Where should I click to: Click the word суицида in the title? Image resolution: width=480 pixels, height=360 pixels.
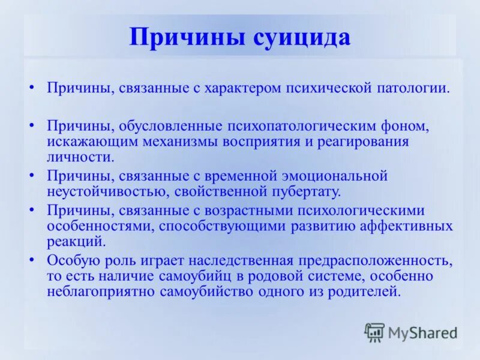coord(301,37)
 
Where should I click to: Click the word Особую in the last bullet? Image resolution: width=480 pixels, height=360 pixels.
coord(70,260)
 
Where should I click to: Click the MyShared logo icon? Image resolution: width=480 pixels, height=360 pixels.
coord(374,332)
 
